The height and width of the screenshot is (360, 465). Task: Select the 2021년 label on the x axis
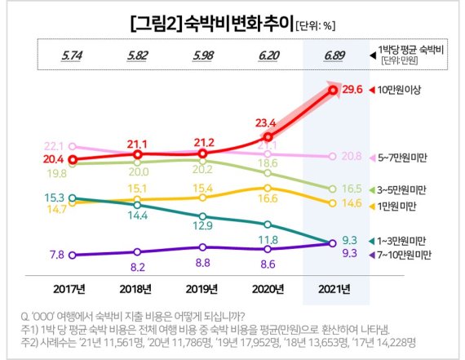coord(334,288)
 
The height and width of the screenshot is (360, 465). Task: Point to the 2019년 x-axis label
coord(203,288)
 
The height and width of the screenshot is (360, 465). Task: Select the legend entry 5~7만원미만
coord(405,156)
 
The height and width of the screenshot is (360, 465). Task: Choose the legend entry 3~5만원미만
coord(405,189)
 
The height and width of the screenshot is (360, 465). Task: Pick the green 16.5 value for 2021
coord(352,189)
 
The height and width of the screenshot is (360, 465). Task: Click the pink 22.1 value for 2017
coord(55,145)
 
